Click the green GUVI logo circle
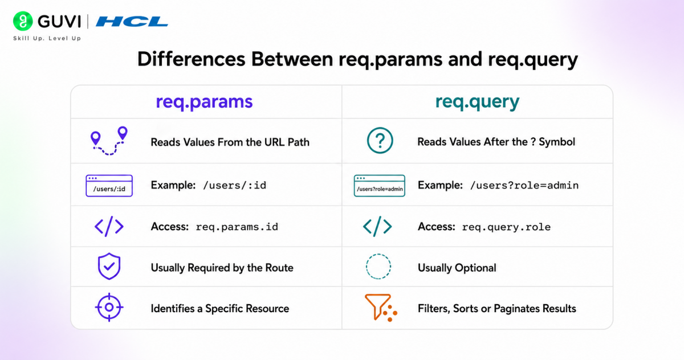pyautogui.click(x=23, y=21)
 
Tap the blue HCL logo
pyautogui.click(x=132, y=22)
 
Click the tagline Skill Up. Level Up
pyautogui.click(x=47, y=38)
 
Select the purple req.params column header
pyautogui.click(x=204, y=101)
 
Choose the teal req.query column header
pyautogui.click(x=477, y=101)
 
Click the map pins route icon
pyautogui.click(x=109, y=141)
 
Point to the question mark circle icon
pyautogui.click(x=380, y=140)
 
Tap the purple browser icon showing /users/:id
pyautogui.click(x=109, y=186)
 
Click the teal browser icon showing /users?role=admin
pyautogui.click(x=380, y=186)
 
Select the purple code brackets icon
pyautogui.click(x=109, y=226)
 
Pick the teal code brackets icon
pyautogui.click(x=377, y=226)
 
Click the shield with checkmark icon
pyautogui.click(x=109, y=267)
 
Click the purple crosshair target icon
pyautogui.click(x=109, y=307)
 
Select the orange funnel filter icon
pyautogui.click(x=381, y=308)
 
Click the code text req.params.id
pyautogui.click(x=237, y=227)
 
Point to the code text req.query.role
pyautogui.click(x=506, y=227)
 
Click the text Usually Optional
pyautogui.click(x=457, y=268)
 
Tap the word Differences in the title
pyautogui.click(x=192, y=59)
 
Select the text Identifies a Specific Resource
pyautogui.click(x=220, y=308)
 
